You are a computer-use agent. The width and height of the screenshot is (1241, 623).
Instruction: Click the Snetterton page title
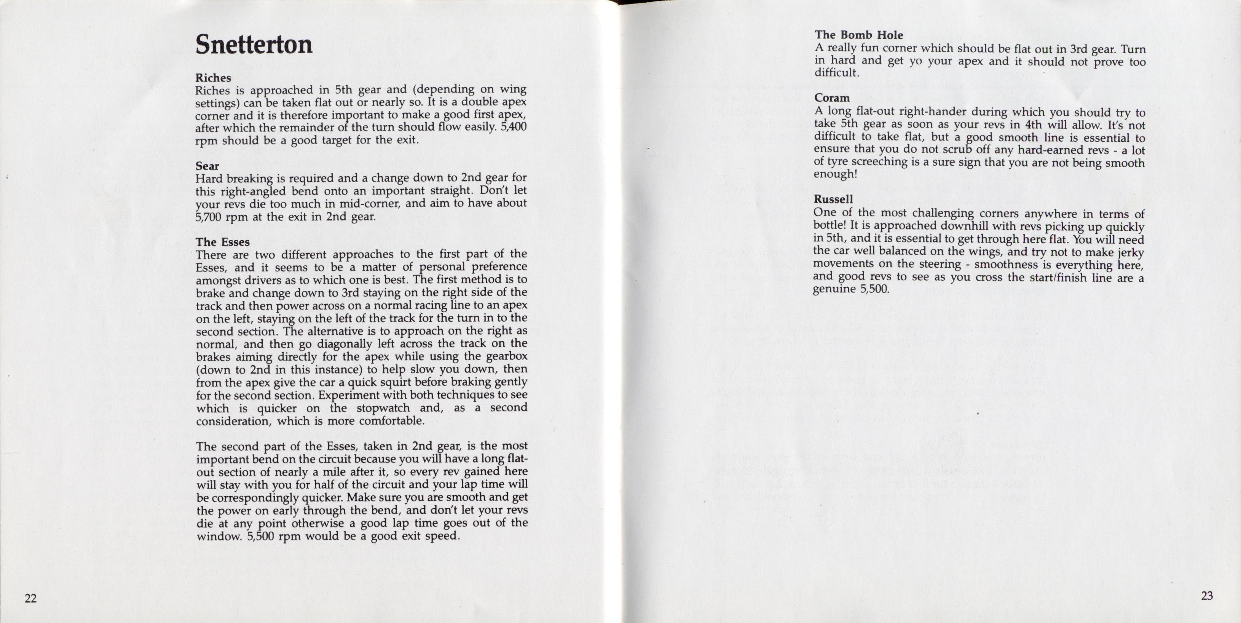click(254, 45)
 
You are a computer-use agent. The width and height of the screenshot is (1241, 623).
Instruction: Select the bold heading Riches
click(213, 78)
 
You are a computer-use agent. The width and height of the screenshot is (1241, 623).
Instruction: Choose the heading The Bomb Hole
click(858, 35)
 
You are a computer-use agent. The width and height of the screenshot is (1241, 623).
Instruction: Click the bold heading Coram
click(832, 98)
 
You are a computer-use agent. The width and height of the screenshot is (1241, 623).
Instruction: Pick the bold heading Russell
click(833, 200)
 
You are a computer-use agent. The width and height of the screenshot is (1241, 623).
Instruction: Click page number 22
click(30, 598)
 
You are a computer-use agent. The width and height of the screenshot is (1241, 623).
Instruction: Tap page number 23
click(1207, 596)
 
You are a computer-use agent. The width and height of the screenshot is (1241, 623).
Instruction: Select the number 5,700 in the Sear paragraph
click(208, 217)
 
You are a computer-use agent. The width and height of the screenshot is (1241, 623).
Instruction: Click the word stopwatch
click(383, 408)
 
